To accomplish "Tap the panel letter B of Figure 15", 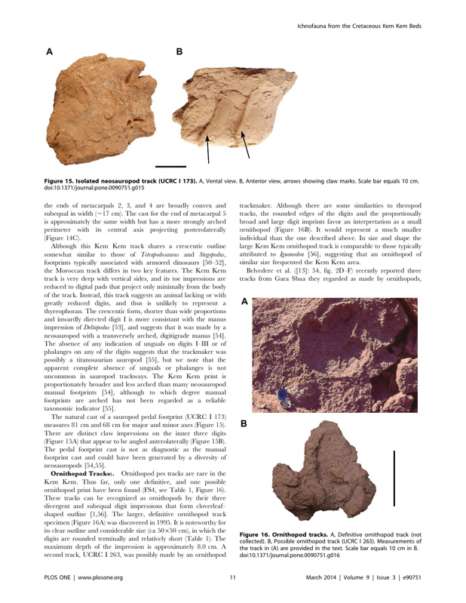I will (179, 52).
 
